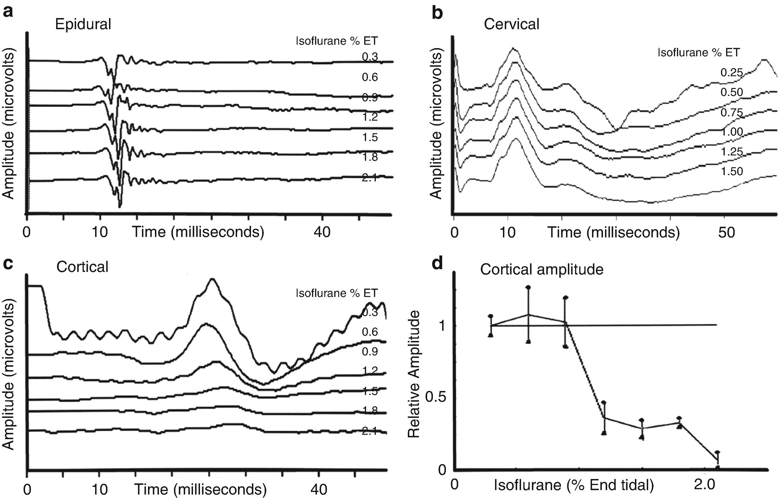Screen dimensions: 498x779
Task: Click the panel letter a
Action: point(8,12)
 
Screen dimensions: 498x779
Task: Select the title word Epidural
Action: point(83,24)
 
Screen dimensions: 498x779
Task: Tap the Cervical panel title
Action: point(511,24)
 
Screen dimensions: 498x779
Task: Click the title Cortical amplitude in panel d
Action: point(541,269)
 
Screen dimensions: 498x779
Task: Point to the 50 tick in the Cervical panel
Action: point(726,232)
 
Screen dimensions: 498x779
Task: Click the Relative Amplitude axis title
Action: point(414,374)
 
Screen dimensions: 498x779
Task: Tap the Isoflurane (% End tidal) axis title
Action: point(574,485)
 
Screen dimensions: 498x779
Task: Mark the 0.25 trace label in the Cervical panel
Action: point(731,72)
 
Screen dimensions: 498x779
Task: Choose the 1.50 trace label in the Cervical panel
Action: point(731,171)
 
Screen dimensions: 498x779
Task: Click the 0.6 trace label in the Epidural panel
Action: point(370,77)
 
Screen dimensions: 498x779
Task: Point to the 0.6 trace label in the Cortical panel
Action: point(370,332)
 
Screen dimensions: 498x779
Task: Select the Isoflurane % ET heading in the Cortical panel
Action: point(337,293)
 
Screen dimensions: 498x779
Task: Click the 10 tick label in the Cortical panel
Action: point(99,489)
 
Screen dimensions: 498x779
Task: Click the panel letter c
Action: point(8,265)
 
